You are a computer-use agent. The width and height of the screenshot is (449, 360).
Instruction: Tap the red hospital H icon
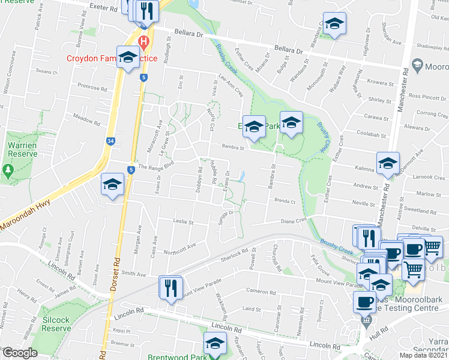pos(143,41)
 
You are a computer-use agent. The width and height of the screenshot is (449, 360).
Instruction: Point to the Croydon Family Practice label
pos(114,59)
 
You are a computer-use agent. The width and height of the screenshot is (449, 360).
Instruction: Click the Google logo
pos(20,353)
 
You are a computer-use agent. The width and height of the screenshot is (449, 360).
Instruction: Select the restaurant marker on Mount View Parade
pos(170,288)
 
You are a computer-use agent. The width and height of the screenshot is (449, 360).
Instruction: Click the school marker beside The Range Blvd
pos(112,185)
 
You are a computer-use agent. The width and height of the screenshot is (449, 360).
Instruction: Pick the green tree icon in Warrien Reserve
pos(8,171)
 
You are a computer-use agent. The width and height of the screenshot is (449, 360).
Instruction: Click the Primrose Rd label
pos(92,88)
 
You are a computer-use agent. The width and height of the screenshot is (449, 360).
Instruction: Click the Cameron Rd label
pos(260,292)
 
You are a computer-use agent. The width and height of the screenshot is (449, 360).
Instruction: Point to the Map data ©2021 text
pos(423,355)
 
